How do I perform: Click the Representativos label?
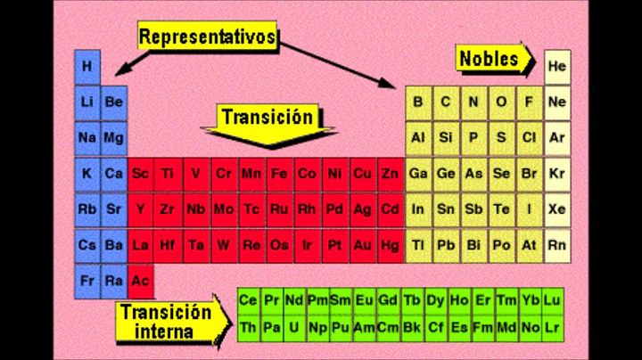point(207,37)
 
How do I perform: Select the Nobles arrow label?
point(490,59)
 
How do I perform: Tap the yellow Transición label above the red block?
point(267,117)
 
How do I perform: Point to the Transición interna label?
point(166,321)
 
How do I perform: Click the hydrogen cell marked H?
point(86,66)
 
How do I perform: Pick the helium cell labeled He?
point(557,66)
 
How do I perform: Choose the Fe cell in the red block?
point(279,174)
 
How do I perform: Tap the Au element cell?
point(363,243)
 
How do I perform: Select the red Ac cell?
point(141,279)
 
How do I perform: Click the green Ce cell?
point(249,300)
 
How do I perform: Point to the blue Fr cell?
point(86,279)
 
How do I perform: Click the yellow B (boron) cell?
point(417,102)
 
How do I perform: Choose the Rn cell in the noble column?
point(557,243)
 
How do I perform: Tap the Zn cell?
point(390,174)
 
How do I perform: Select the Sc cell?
point(141,174)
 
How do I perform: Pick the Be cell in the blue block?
point(114,102)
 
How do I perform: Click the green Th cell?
point(249,327)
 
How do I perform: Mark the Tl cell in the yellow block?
point(417,243)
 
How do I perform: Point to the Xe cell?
point(557,209)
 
